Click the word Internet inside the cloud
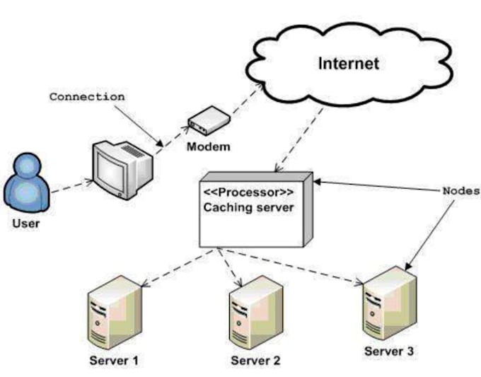(349, 63)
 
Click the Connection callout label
(87, 96)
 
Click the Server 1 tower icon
(112, 315)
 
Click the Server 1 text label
(113, 360)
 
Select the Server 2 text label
(255, 360)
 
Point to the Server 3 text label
(389, 351)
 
